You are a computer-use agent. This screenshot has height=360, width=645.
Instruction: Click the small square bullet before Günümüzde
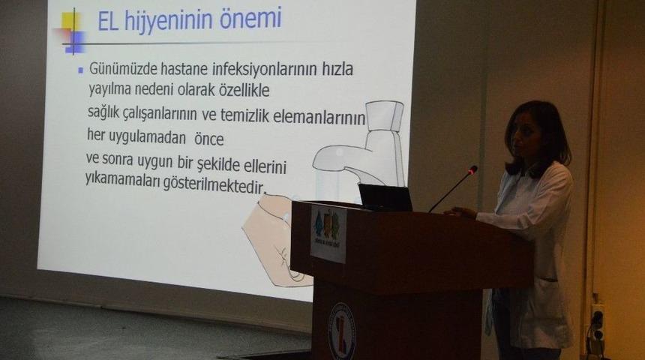click(x=80, y=70)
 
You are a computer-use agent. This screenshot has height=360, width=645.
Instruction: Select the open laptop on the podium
click(x=385, y=197)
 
